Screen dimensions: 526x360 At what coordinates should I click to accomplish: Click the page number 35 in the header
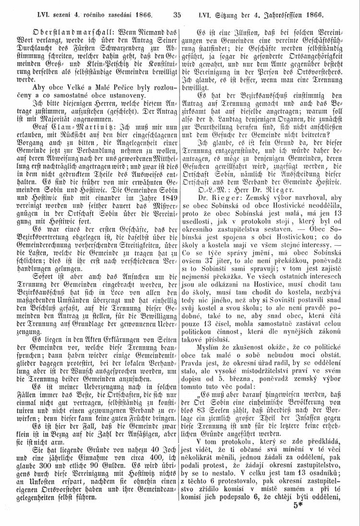tap(180, 7)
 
